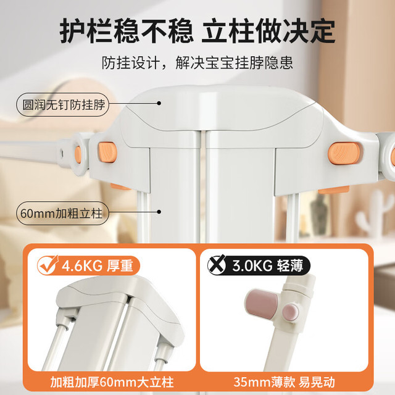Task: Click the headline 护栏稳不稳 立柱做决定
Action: pyautogui.click(x=197, y=31)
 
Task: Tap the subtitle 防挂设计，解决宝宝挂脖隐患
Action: pyautogui.click(x=197, y=62)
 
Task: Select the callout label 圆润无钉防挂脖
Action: pyautogui.click(x=63, y=105)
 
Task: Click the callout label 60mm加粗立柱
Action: pyautogui.click(x=62, y=213)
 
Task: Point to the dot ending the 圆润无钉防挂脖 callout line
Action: pyautogui.click(x=159, y=103)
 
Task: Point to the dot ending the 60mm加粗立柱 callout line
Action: pyautogui.click(x=159, y=212)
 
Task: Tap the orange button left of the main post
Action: pyautogui.click(x=107, y=152)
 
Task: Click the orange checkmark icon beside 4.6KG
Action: pyautogui.click(x=48, y=265)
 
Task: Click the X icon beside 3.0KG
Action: pyautogui.click(x=217, y=265)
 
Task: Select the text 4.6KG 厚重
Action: pyautogui.click(x=98, y=265)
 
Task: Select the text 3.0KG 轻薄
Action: pyautogui.click(x=267, y=265)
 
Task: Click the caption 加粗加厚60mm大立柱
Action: pyautogui.click(x=112, y=382)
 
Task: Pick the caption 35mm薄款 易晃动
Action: pyautogui.click(x=285, y=382)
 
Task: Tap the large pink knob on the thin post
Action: pyautogui.click(x=262, y=304)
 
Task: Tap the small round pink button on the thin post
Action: pyautogui.click(x=291, y=312)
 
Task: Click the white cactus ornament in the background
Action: pyautogui.click(x=372, y=214)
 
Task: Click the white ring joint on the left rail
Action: pyautogui.click(x=80, y=154)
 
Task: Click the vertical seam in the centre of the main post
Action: pyautogui.click(x=203, y=186)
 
